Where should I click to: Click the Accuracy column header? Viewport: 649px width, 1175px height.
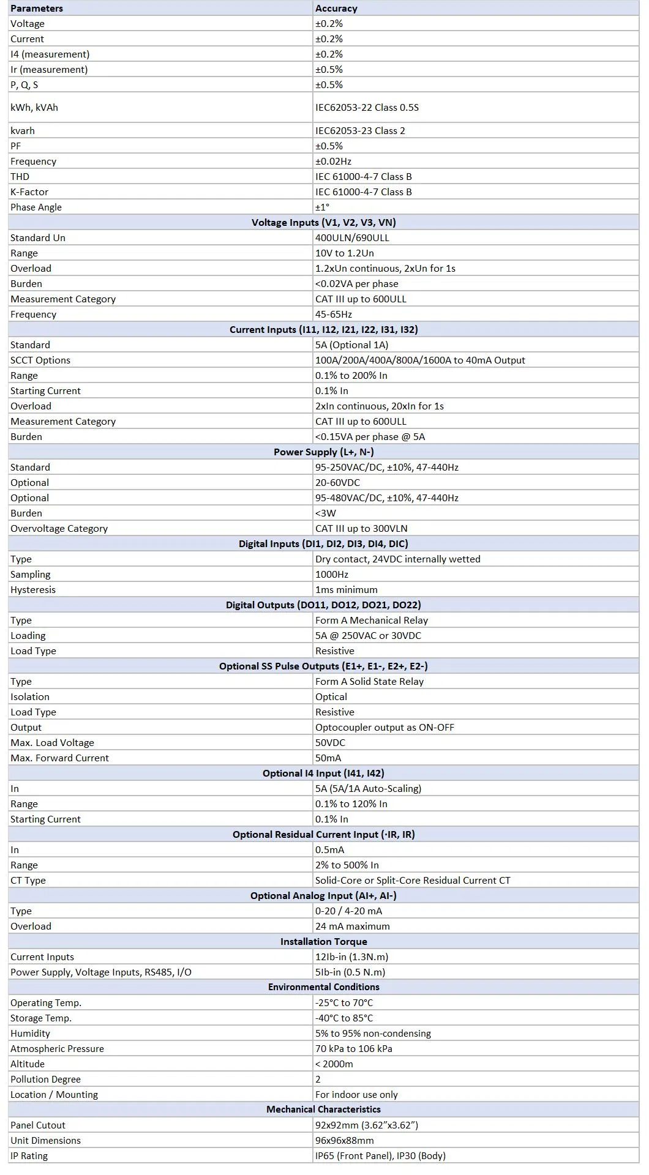pyautogui.click(x=336, y=9)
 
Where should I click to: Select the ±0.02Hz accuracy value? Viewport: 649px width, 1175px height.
pyautogui.click(x=334, y=162)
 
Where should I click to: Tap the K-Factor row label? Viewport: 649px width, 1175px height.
pyautogui.click(x=29, y=192)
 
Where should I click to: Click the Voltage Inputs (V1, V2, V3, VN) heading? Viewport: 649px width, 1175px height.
pyautogui.click(x=323, y=223)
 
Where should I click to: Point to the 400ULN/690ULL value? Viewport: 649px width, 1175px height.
pyautogui.click(x=352, y=238)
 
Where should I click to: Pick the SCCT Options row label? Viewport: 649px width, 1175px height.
pyautogui.click(x=40, y=360)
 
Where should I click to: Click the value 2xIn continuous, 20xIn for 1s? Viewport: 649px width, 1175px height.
pyautogui.click(x=379, y=406)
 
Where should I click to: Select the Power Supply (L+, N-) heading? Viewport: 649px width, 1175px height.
pyautogui.click(x=323, y=452)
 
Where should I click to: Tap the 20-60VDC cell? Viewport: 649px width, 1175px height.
pyautogui.click(x=337, y=483)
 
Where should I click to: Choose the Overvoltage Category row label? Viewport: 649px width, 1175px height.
pyautogui.click(x=59, y=529)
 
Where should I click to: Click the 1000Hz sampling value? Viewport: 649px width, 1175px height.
pyautogui.click(x=332, y=575)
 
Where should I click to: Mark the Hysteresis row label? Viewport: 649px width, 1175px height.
pyautogui.click(x=33, y=590)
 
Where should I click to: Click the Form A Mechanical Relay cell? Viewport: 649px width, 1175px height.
pyautogui.click(x=372, y=621)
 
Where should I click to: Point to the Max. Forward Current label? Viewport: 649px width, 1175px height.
pyautogui.click(x=59, y=758)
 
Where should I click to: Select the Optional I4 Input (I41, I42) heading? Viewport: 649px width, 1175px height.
pyautogui.click(x=323, y=774)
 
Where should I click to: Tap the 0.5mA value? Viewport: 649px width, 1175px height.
pyautogui.click(x=329, y=850)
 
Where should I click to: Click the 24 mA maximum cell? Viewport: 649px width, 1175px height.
pyautogui.click(x=352, y=927)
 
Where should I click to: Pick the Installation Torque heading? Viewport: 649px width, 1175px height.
pyautogui.click(x=323, y=942)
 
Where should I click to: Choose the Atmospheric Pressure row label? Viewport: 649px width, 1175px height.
pyautogui.click(x=57, y=1049)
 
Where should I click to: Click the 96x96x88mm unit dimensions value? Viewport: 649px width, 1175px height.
pyautogui.click(x=344, y=1141)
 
